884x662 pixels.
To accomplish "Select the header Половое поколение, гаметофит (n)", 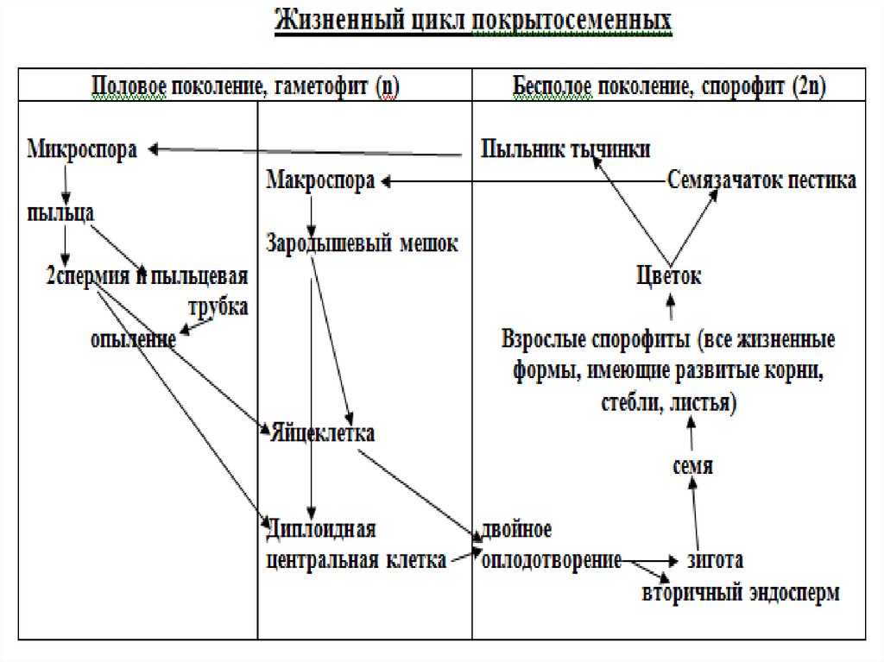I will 245,86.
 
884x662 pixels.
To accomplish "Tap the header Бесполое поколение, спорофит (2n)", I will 670,86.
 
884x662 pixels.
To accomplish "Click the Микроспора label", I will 83,148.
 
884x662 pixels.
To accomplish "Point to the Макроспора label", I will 320,181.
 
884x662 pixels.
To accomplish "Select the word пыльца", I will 60,212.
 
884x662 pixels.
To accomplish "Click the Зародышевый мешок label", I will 363,243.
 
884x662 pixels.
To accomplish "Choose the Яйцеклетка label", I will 323,432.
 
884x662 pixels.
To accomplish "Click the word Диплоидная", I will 322,527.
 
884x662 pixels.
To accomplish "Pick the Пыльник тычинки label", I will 565,148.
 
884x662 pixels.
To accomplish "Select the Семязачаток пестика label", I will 762,180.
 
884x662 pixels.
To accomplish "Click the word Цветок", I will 668,276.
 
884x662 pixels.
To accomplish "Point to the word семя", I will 692,466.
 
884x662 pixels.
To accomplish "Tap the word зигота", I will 714,559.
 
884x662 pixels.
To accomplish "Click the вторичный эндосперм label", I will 740,594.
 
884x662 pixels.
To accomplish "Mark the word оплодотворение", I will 552,559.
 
